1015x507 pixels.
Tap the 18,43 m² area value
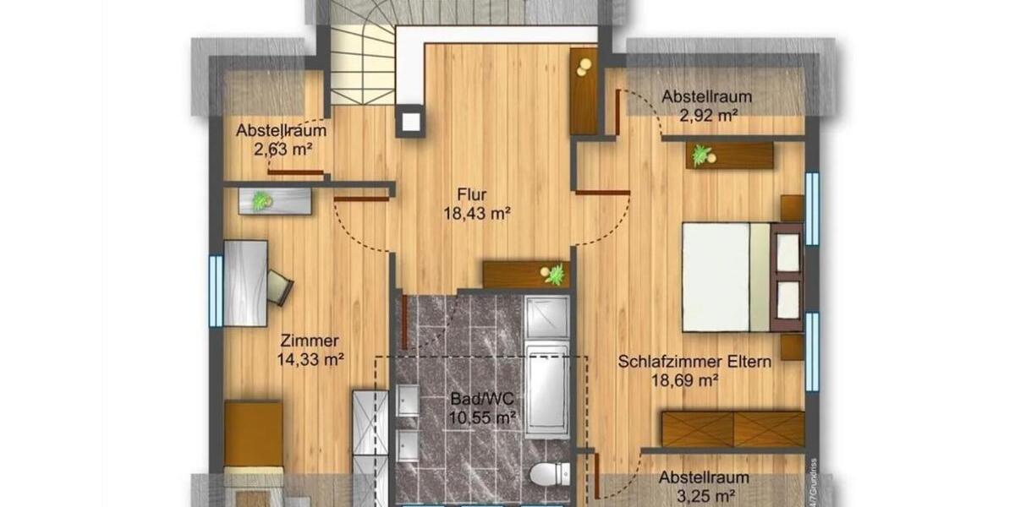pyautogui.click(x=476, y=215)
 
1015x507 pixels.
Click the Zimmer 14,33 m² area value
pyautogui.click(x=310, y=359)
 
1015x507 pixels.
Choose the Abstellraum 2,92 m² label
pyautogui.click(x=706, y=96)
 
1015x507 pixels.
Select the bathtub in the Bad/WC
pyautogui.click(x=546, y=389)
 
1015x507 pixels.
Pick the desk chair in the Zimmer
pyautogui.click(x=279, y=286)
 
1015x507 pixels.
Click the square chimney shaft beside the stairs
pyautogui.click(x=410, y=121)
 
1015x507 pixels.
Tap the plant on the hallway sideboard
pyautogui.click(x=555, y=275)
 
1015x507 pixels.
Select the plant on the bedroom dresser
pyautogui.click(x=701, y=155)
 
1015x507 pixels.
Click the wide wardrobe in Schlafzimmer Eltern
pyautogui.click(x=732, y=428)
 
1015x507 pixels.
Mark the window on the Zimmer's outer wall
pyautogui.click(x=216, y=291)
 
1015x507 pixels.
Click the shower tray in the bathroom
pyautogui.click(x=546, y=317)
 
